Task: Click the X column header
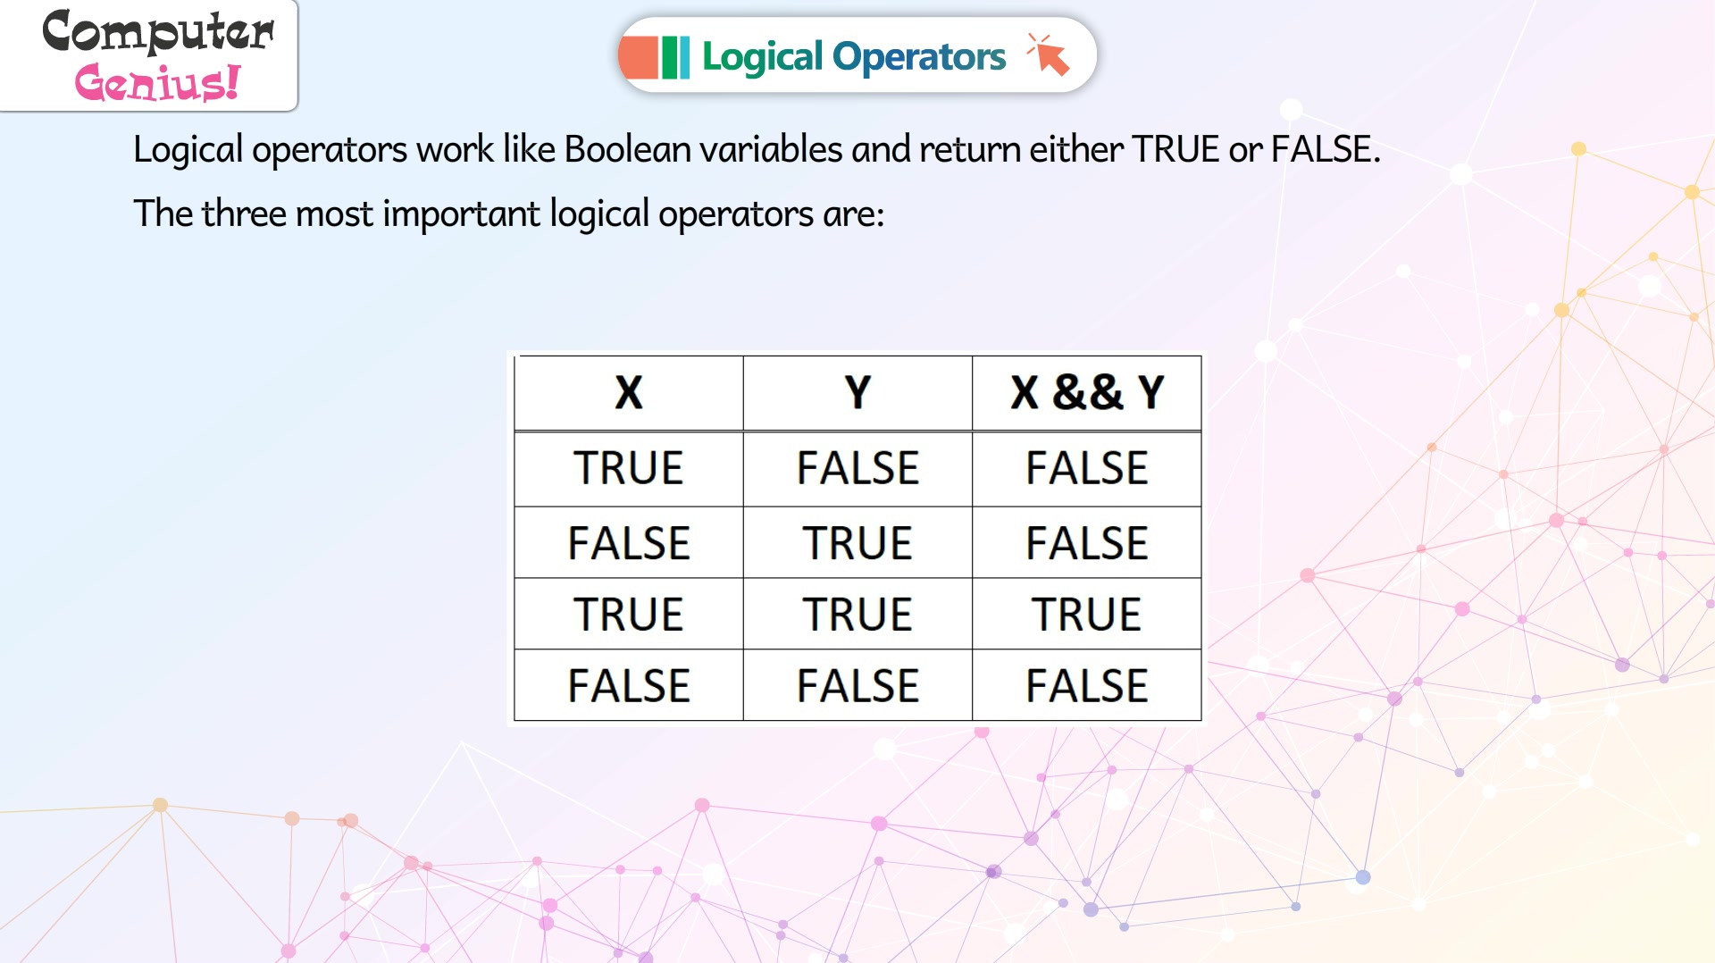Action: (x=629, y=392)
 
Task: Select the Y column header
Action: (x=857, y=392)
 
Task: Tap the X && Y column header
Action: (x=1087, y=392)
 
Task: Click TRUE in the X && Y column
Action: (x=1087, y=614)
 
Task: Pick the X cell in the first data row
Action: (x=629, y=467)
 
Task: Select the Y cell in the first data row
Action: (x=857, y=467)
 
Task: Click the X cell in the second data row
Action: (x=629, y=542)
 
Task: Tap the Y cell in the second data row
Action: (x=857, y=542)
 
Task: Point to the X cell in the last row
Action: (x=629, y=685)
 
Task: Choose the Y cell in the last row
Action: (x=857, y=685)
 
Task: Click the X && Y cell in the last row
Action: (x=1087, y=685)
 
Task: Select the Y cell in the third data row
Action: (x=857, y=614)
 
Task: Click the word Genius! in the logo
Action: (x=157, y=82)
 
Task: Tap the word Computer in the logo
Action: (x=158, y=32)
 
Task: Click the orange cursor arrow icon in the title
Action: (x=1049, y=55)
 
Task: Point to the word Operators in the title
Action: (x=919, y=57)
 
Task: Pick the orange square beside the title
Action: (x=638, y=57)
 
